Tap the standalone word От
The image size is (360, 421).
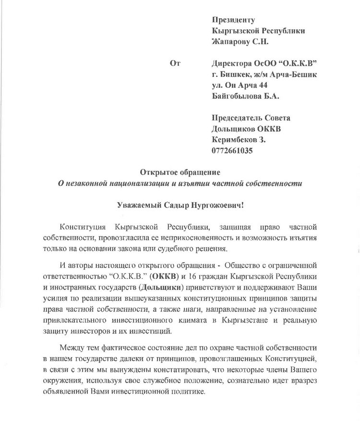point(175,63)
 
